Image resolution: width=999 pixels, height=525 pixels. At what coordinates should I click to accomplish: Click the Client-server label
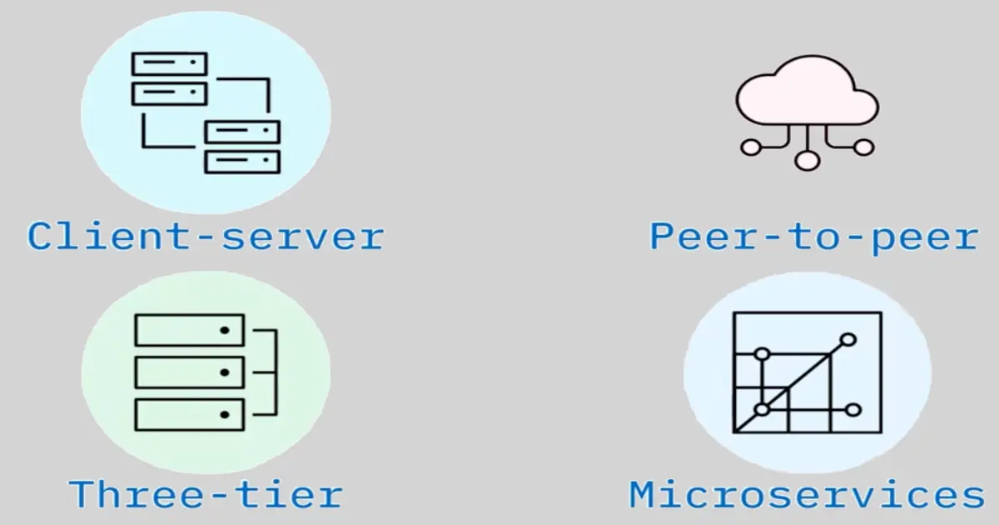(x=206, y=237)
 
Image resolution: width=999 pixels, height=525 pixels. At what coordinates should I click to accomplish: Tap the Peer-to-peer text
(x=813, y=237)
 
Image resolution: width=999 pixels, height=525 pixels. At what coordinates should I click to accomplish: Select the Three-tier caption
(x=206, y=494)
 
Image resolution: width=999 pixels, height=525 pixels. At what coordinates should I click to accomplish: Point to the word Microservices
(x=807, y=495)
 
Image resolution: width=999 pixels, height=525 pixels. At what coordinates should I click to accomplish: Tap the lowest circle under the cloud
(x=807, y=160)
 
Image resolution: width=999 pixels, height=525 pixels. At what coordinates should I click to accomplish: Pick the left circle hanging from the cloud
(x=751, y=147)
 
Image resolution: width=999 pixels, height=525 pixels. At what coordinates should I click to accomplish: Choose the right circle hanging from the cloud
(x=864, y=147)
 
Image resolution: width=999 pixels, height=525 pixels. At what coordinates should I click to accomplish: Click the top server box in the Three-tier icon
(x=189, y=330)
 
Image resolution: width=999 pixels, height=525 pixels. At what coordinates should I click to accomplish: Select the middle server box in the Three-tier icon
(x=189, y=372)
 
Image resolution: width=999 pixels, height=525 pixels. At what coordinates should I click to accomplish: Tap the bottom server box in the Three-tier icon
(x=189, y=414)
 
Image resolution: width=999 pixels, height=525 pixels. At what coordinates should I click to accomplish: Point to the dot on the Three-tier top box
(x=224, y=331)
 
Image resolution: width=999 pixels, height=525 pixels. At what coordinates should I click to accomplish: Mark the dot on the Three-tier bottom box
(x=224, y=414)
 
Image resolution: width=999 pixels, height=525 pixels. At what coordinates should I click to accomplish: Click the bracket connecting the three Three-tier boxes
(x=270, y=372)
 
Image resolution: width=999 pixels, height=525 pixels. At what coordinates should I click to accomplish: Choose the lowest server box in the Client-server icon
(x=242, y=162)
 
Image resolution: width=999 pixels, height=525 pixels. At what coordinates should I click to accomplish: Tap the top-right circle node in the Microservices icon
(x=848, y=339)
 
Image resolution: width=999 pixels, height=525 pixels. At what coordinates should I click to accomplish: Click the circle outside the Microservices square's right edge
(x=852, y=409)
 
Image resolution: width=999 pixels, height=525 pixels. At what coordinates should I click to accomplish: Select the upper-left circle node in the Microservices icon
(x=762, y=354)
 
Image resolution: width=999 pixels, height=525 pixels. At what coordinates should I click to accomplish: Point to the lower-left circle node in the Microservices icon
(x=762, y=409)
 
